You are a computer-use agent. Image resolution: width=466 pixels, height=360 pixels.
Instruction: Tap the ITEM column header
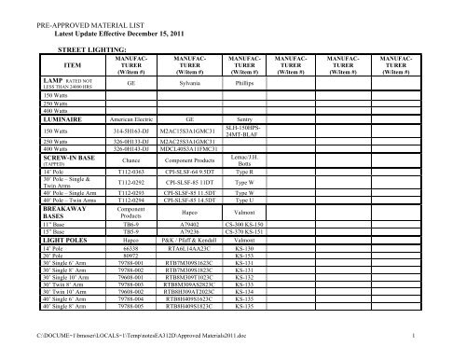pyautogui.click(x=73, y=65)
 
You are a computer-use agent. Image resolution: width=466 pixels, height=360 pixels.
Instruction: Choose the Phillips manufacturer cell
pyautogui.click(x=243, y=82)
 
